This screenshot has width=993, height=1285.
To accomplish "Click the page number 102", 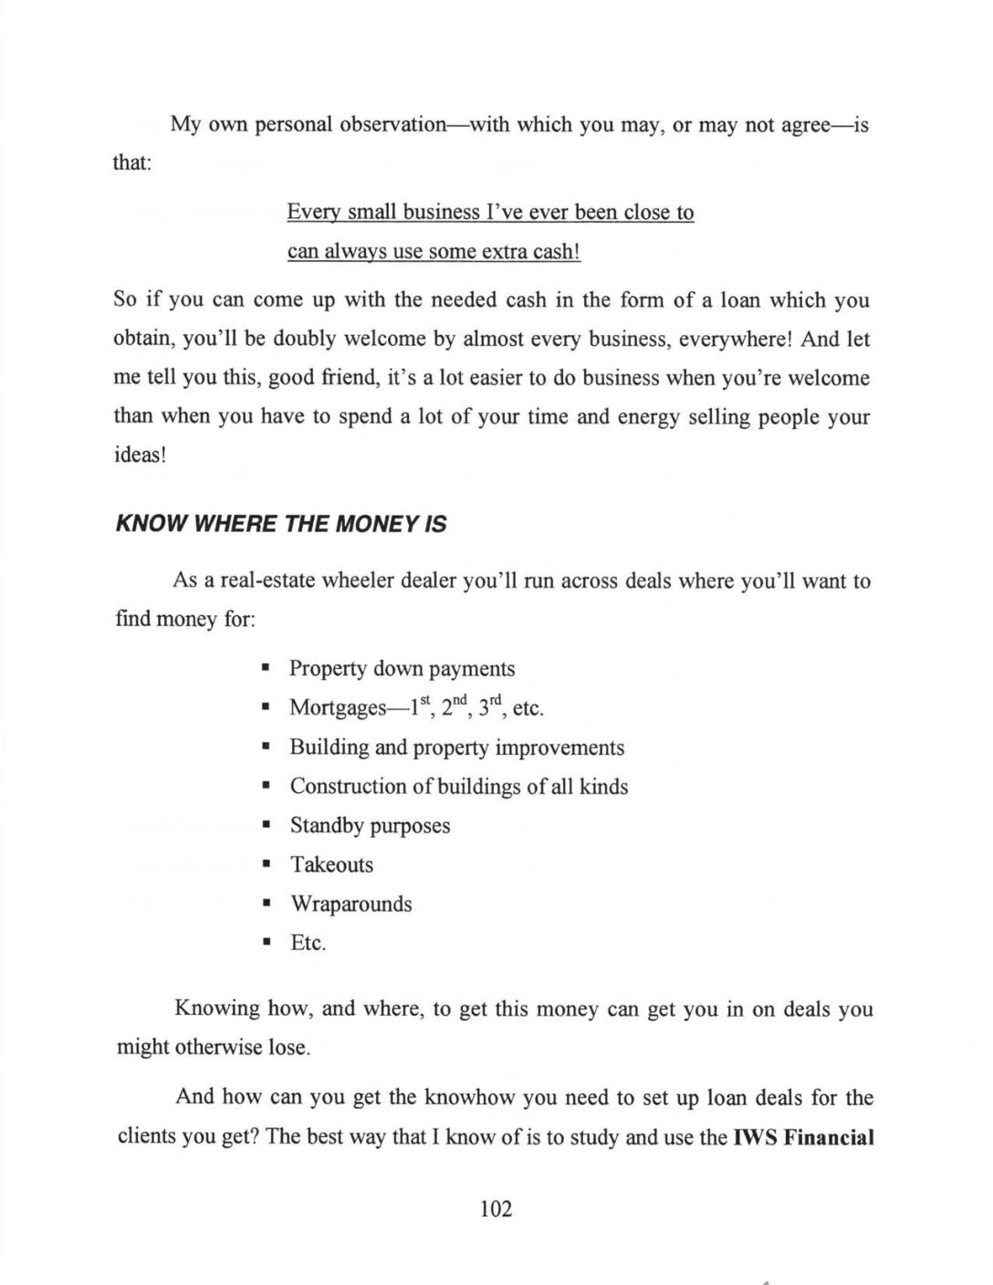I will coord(496,1209).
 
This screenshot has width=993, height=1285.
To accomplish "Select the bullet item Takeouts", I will coord(331,864).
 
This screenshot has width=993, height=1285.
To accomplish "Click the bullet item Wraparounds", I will coord(350,904).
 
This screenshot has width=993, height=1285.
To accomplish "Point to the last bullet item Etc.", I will coord(308,943).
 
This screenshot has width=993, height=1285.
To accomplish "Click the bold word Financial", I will coord(830,1138).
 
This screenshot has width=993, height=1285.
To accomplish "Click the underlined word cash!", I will coord(552,251).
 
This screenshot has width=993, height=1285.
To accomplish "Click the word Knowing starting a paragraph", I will coord(217,1009).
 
